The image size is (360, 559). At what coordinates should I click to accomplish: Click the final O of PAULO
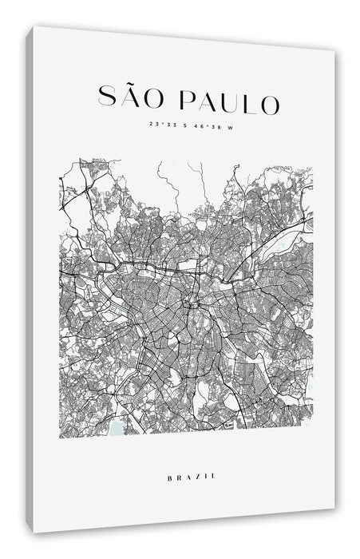269,104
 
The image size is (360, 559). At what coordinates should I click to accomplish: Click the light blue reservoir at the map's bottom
119,429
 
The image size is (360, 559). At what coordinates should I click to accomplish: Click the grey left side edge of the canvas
30,279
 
